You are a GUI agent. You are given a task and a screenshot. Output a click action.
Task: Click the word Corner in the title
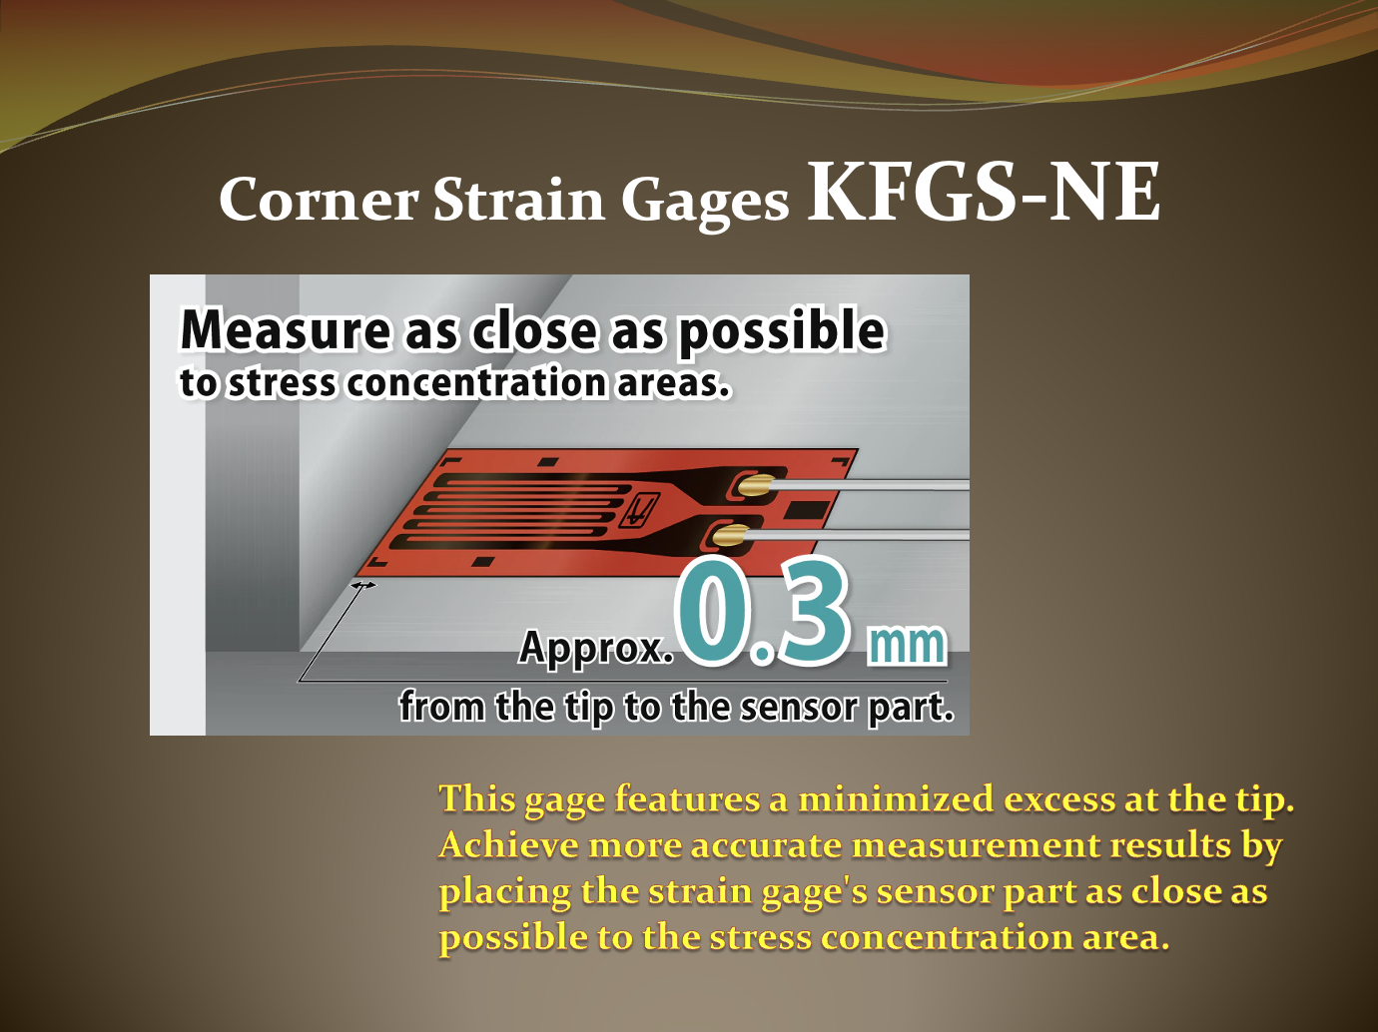(x=319, y=199)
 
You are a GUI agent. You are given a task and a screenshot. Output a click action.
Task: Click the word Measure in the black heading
(x=285, y=330)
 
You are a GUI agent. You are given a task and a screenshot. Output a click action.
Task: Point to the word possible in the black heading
(x=782, y=332)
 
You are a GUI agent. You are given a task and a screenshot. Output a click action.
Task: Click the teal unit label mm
(x=906, y=645)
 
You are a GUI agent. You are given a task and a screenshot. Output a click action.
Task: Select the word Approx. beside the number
(x=596, y=648)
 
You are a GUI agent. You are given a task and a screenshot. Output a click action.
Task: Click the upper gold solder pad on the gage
(x=754, y=484)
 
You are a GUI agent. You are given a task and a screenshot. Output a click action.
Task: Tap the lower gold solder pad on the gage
(x=731, y=535)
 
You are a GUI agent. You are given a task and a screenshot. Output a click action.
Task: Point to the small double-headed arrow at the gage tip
(x=362, y=585)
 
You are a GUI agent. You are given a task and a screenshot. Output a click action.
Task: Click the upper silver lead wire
(x=869, y=484)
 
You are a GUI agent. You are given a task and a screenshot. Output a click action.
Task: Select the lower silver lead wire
(x=858, y=535)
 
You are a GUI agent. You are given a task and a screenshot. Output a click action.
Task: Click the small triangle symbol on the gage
(x=638, y=508)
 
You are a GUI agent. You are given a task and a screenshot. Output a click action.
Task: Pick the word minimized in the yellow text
(x=896, y=799)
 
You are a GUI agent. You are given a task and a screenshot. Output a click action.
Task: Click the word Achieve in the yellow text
(x=509, y=845)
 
